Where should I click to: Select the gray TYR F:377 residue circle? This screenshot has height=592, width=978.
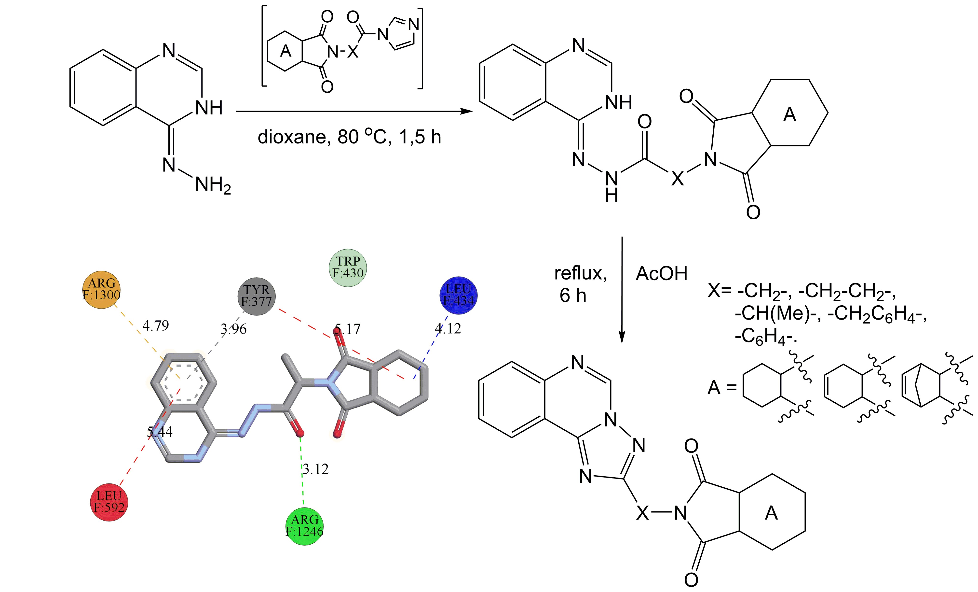pos(257,296)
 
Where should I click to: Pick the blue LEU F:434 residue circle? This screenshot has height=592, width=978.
pos(459,295)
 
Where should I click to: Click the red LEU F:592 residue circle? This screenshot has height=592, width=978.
pos(109,502)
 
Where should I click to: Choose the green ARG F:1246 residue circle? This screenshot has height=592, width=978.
pos(304,526)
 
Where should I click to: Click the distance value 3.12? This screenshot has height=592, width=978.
pos(315,469)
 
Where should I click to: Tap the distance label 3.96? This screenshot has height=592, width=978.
pos(233,329)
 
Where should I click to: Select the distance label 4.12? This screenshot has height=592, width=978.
pos(448,329)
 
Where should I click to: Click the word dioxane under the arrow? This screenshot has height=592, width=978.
pos(292,137)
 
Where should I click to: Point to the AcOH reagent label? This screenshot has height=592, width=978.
pos(661,274)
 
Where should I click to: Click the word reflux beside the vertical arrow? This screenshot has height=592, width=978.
pos(580,274)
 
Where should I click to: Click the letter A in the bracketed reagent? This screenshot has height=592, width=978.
pos(285,51)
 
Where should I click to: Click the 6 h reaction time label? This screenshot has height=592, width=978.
pos(573,296)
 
